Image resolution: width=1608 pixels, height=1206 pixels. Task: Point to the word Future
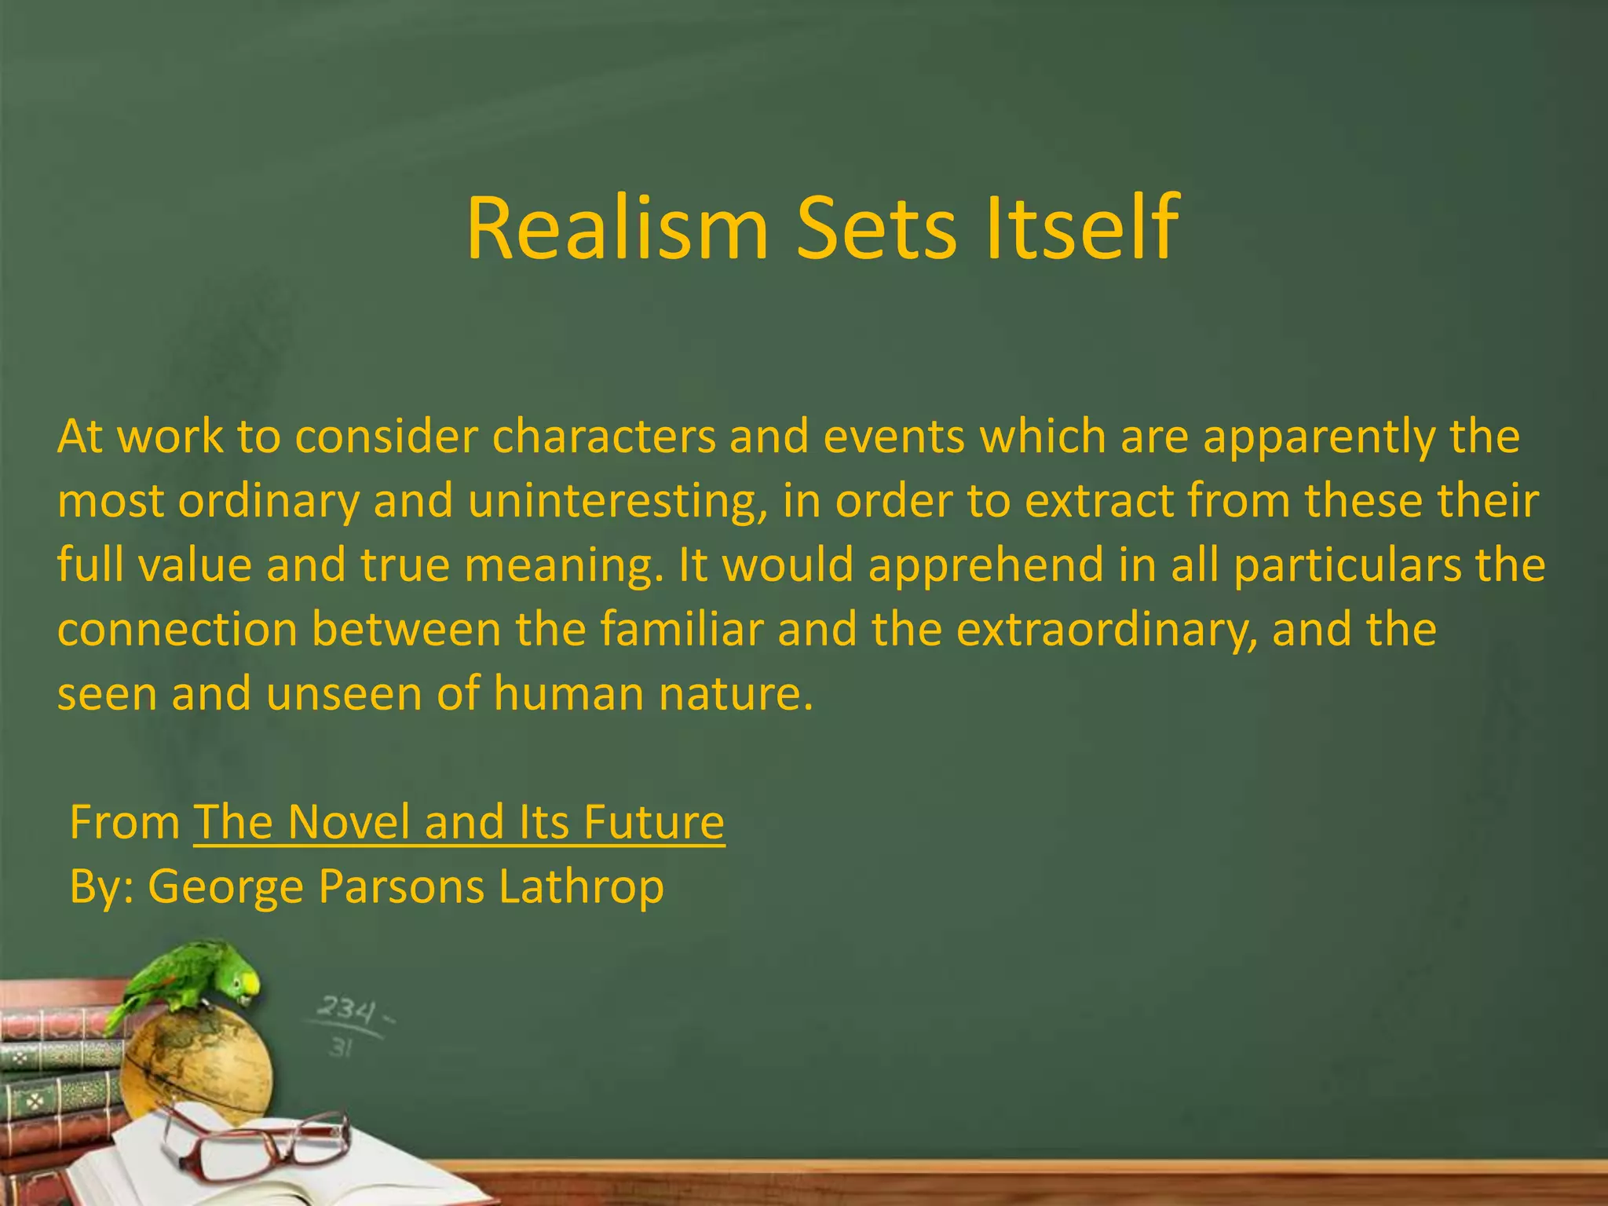pyautogui.click(x=653, y=822)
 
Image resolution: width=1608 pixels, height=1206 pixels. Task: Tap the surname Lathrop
pyautogui.click(x=581, y=887)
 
